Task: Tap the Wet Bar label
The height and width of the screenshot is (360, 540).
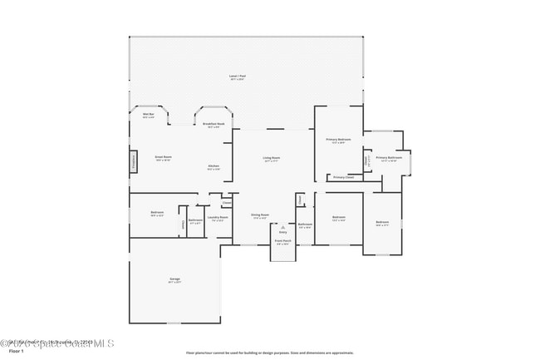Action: (x=149, y=114)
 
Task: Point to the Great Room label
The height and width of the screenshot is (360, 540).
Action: (x=163, y=156)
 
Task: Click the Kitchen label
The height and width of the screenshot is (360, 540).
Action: (x=214, y=166)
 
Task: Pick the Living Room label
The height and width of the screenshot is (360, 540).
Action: (x=272, y=158)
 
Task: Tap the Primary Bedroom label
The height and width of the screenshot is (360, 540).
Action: (x=338, y=140)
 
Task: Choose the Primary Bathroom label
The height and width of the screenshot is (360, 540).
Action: (x=389, y=158)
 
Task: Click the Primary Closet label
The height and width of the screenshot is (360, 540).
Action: (x=343, y=177)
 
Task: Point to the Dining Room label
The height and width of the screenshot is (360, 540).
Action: (x=260, y=215)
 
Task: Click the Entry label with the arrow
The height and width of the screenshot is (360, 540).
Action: (x=282, y=232)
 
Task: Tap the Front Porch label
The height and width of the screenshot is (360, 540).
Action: (x=282, y=242)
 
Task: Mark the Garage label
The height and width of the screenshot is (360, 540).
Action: (x=175, y=279)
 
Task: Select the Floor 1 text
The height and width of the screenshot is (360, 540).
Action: (x=11, y=352)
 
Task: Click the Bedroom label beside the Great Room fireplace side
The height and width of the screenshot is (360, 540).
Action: (x=157, y=213)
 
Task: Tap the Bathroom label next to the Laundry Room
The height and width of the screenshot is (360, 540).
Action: (x=195, y=220)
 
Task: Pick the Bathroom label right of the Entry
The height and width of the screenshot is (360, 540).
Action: (x=305, y=224)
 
